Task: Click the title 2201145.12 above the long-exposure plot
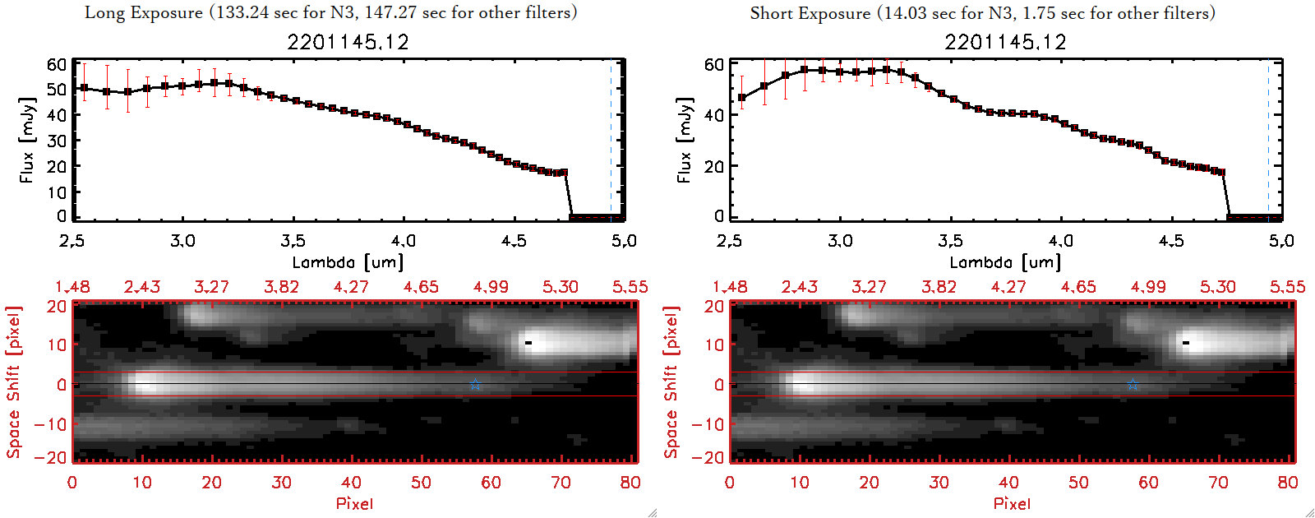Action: (348, 42)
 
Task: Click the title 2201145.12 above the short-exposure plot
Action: (1005, 42)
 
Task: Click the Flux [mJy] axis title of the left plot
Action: (27, 140)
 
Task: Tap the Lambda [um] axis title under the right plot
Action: (1005, 262)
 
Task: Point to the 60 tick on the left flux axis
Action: (57, 64)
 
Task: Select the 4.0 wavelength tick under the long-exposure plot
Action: (403, 241)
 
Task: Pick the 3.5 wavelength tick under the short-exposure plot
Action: (950, 241)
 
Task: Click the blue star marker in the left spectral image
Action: (475, 384)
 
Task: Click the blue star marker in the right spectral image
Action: (1133, 384)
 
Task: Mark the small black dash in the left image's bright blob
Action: (528, 342)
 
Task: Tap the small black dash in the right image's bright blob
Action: (1186, 342)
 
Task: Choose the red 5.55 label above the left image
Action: (630, 287)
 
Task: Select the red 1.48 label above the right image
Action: (730, 287)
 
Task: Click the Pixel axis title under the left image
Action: (354, 503)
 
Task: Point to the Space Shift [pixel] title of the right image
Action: (671, 382)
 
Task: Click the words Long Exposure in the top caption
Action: (144, 13)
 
